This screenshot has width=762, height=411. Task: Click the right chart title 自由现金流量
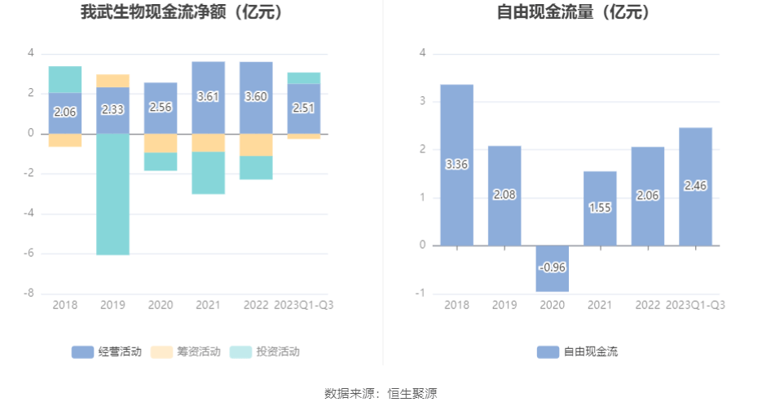[x=574, y=13]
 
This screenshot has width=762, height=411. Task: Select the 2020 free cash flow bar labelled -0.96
[x=552, y=268]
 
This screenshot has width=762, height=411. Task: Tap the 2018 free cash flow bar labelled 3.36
[x=456, y=165]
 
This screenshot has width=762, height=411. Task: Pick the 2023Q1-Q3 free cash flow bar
[x=695, y=186]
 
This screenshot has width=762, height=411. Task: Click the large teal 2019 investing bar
[x=112, y=194]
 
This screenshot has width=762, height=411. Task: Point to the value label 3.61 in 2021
[x=208, y=96]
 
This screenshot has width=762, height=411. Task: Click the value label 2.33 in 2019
[x=112, y=109]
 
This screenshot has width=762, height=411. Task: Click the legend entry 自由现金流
[x=577, y=352]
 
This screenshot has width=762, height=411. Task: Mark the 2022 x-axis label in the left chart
[x=256, y=305]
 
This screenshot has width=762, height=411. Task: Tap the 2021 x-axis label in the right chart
[x=599, y=305]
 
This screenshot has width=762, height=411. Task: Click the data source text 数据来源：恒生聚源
[x=381, y=394]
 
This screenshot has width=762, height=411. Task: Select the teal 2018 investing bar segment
[x=65, y=79]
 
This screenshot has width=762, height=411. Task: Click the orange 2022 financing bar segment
[x=256, y=144]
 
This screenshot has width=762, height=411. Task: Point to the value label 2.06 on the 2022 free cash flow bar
[x=647, y=196]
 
